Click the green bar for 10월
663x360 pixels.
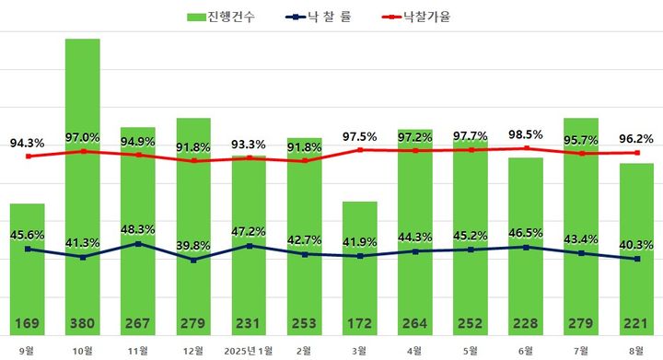point(83,184)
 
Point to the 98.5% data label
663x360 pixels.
point(525,135)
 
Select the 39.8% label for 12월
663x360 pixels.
point(193,245)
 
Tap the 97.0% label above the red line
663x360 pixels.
point(83,137)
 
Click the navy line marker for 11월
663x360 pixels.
point(138,244)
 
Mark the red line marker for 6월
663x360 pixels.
point(525,148)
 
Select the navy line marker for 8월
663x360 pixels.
point(635,259)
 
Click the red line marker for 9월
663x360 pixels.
point(28,157)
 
